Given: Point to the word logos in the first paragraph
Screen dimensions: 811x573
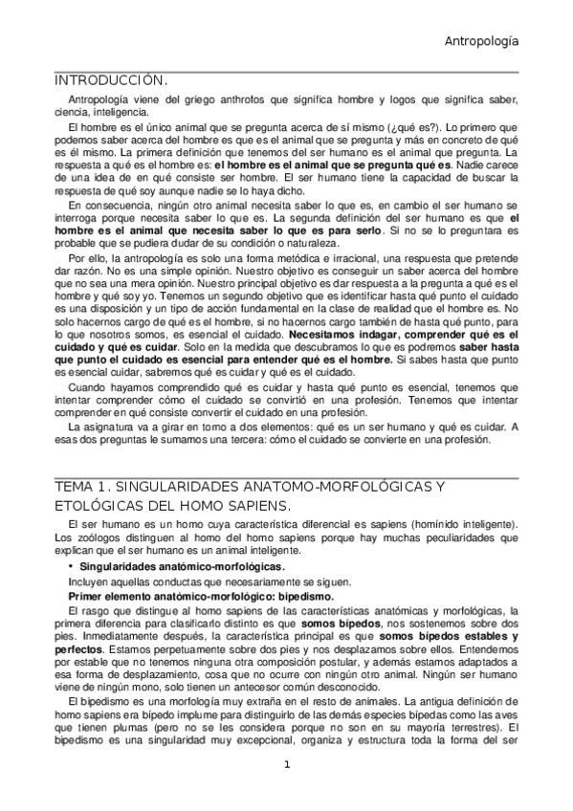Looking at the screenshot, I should point(405,101).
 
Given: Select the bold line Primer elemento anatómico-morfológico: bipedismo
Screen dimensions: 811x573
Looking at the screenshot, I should point(201,596).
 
